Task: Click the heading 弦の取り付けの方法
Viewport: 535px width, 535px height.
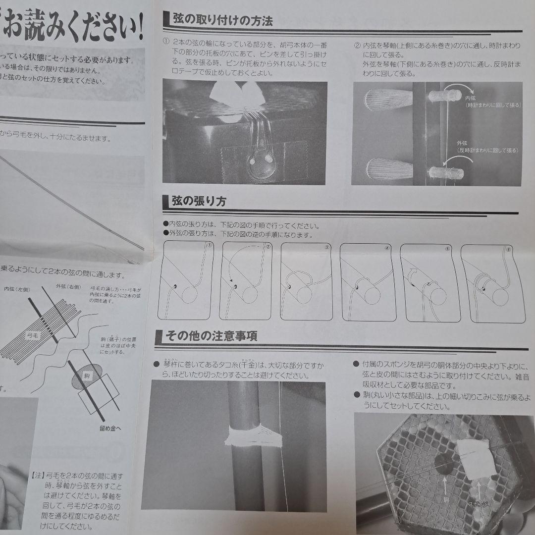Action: tap(222, 20)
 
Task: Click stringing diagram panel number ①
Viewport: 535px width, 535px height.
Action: tap(186, 281)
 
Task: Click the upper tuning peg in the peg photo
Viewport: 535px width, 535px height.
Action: tap(388, 98)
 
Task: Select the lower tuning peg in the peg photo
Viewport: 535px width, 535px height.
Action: tap(388, 168)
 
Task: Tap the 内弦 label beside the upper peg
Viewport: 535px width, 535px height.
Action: tap(471, 99)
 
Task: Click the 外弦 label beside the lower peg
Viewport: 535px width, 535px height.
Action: tap(462, 143)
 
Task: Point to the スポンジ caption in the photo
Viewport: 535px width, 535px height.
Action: tap(480, 503)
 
